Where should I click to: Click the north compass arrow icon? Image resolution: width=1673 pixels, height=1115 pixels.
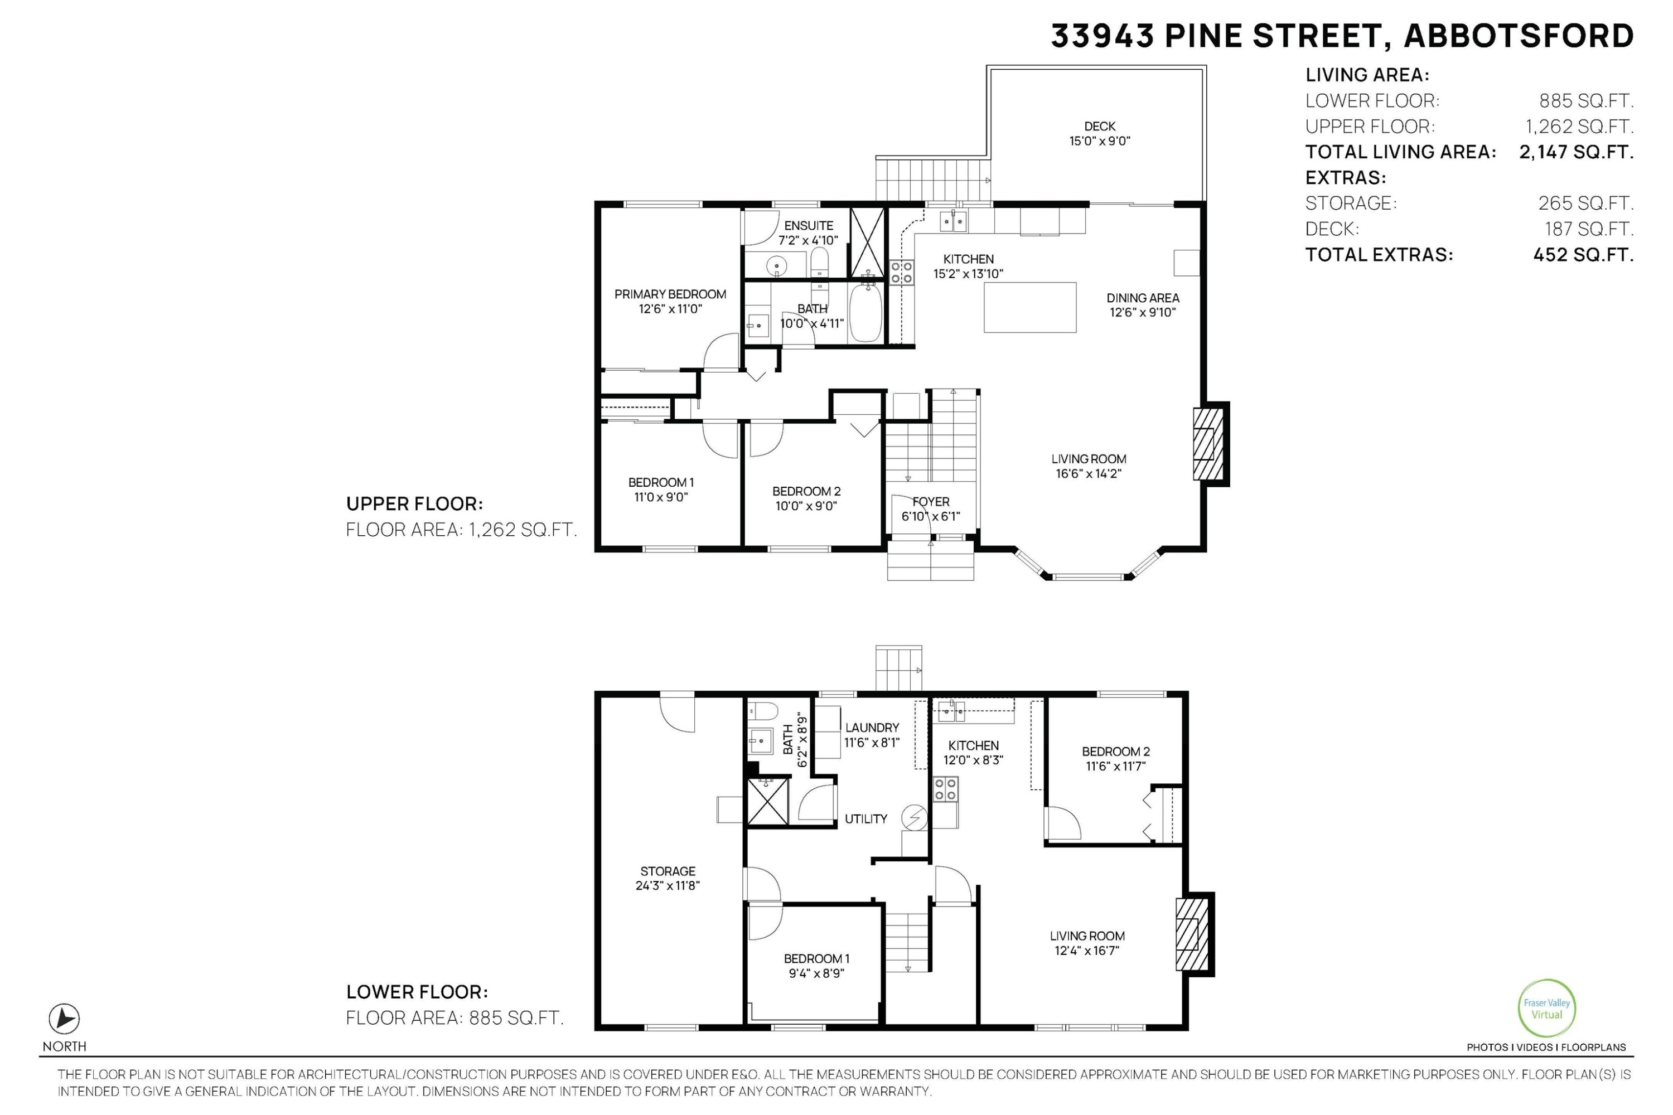[x=64, y=1019]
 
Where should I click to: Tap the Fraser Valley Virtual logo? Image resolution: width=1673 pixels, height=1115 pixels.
[x=1546, y=1009]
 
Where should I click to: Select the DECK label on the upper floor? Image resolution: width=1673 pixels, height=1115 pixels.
[x=1100, y=127]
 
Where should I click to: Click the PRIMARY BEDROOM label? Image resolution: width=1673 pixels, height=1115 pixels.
[x=670, y=294]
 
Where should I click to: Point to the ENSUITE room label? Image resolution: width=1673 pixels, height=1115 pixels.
[x=809, y=225]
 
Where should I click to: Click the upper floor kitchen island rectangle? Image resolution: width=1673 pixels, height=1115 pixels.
[x=1030, y=307]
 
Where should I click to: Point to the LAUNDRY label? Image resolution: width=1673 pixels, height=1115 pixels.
[x=872, y=728]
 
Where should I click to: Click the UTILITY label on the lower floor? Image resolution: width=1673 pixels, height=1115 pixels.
[x=865, y=819]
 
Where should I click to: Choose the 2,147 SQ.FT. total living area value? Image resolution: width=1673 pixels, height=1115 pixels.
[x=1577, y=152]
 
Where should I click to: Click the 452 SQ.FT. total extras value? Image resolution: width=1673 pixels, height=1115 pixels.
[x=1583, y=255]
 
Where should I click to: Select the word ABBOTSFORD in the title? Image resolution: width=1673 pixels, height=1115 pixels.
[x=1519, y=36]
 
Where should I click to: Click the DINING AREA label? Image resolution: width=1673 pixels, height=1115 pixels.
[x=1143, y=298]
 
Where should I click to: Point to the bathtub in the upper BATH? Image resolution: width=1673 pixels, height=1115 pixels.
[x=865, y=313]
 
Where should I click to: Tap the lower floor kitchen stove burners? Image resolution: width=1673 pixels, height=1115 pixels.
[x=946, y=789]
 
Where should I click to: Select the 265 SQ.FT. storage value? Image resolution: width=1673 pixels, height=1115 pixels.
[x=1586, y=203]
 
